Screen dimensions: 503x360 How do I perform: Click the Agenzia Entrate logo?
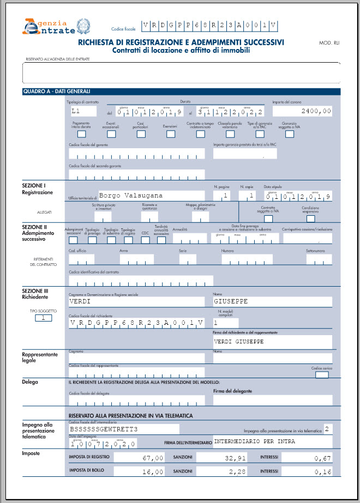click(x=56, y=27)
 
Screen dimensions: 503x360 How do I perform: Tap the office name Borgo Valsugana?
click(x=131, y=195)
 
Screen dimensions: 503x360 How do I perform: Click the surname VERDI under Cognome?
click(x=80, y=301)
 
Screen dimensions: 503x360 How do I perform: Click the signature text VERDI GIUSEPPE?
click(x=239, y=341)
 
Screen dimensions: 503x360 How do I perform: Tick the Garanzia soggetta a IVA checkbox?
click(x=290, y=134)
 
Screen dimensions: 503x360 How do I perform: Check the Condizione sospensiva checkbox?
click(x=311, y=219)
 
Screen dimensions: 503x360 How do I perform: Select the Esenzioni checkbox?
click(x=170, y=134)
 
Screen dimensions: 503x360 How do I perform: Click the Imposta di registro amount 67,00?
click(x=152, y=458)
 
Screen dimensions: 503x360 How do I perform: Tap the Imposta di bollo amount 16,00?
click(x=152, y=471)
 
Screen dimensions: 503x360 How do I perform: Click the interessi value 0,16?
click(x=322, y=471)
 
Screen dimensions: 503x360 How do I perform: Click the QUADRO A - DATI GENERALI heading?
click(x=56, y=91)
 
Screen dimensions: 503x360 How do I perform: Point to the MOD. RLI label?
click(x=328, y=43)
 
